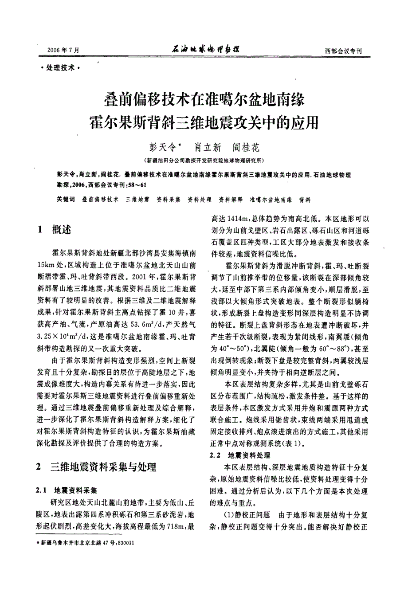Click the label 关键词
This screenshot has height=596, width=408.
coord(66,200)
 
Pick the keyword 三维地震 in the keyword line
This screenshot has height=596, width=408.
coord(137,200)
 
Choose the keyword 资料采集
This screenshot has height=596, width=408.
coord(169,200)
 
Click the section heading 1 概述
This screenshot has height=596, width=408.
coord(55,229)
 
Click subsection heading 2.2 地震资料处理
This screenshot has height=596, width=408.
coord(239,455)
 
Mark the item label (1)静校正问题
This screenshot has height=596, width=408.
coord(247,515)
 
